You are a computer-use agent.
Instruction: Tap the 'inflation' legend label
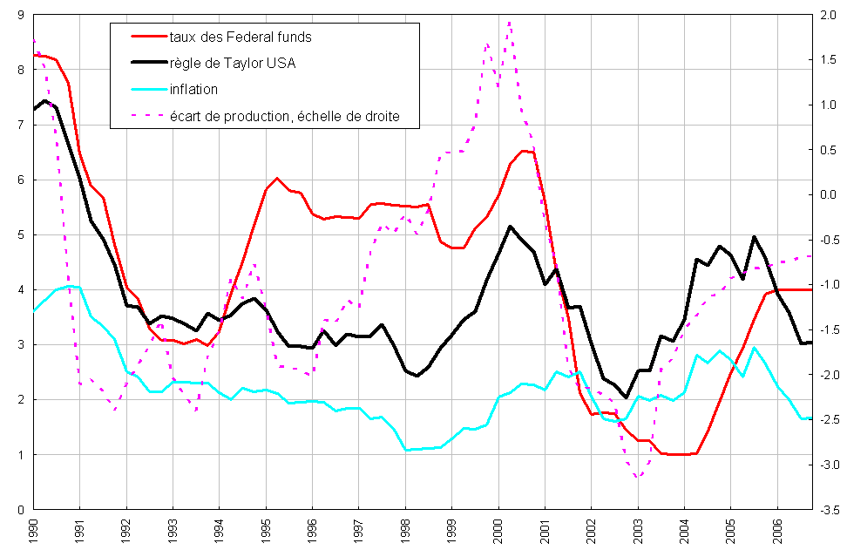point(193,89)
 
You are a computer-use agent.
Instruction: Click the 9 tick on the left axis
point(19,15)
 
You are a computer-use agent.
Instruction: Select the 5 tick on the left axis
point(19,234)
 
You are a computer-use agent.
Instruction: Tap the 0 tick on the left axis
point(19,509)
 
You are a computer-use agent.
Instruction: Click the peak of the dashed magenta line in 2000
point(509,23)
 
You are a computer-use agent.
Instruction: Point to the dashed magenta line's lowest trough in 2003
point(638,477)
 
